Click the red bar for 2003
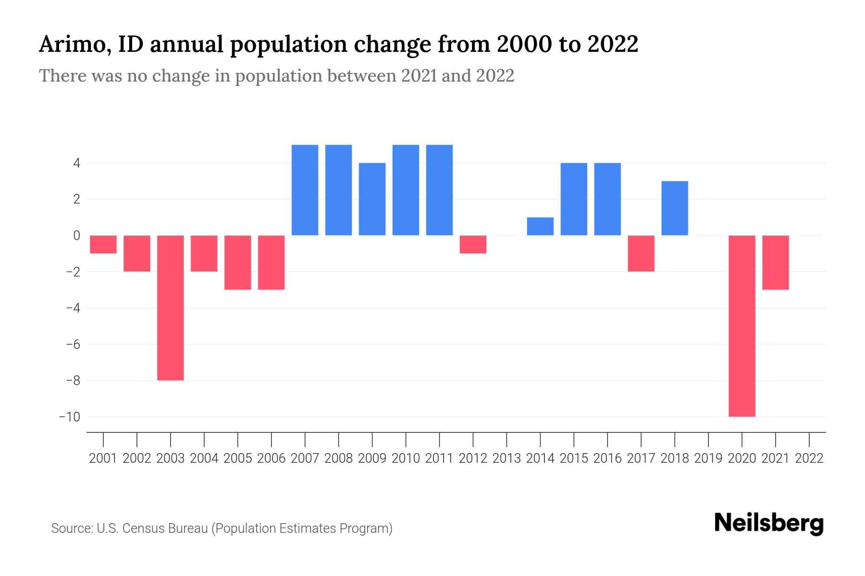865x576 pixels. (x=171, y=307)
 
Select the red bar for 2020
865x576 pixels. (x=741, y=325)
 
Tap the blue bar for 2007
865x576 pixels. (x=305, y=190)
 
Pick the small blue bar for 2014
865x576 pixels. (x=540, y=226)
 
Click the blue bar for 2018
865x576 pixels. (x=674, y=208)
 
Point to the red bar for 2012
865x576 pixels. (x=473, y=244)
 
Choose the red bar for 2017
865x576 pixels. (x=641, y=253)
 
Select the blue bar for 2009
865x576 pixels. (x=372, y=199)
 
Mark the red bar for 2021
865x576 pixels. (x=775, y=262)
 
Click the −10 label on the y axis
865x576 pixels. (x=69, y=417)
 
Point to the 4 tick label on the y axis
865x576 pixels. (x=76, y=163)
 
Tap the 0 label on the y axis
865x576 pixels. (x=76, y=235)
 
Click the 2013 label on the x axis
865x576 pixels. (x=507, y=458)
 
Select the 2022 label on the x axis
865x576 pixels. (x=809, y=458)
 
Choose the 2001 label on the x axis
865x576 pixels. (x=103, y=458)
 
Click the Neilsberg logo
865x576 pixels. (x=768, y=524)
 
